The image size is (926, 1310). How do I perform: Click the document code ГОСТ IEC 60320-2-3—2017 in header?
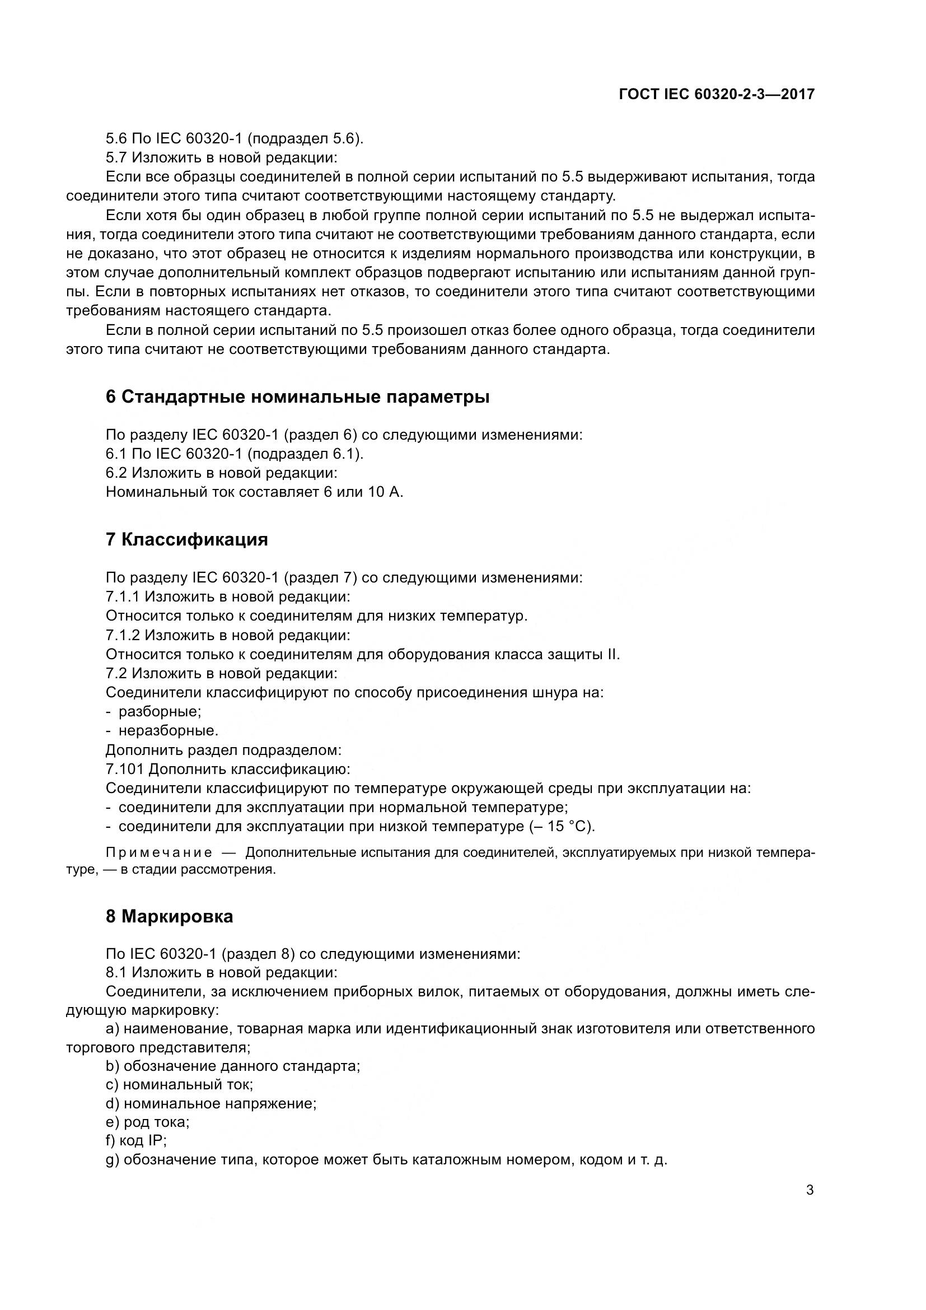(x=717, y=94)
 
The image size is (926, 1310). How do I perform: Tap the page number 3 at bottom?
(x=810, y=1190)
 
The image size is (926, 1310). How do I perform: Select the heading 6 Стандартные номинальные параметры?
(x=297, y=397)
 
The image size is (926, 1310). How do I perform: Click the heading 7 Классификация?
(x=186, y=539)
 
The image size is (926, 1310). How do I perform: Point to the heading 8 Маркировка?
(x=169, y=916)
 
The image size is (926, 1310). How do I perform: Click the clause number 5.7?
(x=116, y=157)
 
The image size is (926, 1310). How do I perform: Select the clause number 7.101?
(x=124, y=769)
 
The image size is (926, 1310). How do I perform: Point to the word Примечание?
(x=159, y=852)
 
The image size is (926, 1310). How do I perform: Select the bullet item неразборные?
(x=167, y=730)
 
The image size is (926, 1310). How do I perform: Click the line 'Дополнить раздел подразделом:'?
(x=223, y=750)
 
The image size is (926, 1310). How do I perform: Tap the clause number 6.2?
(x=116, y=473)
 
